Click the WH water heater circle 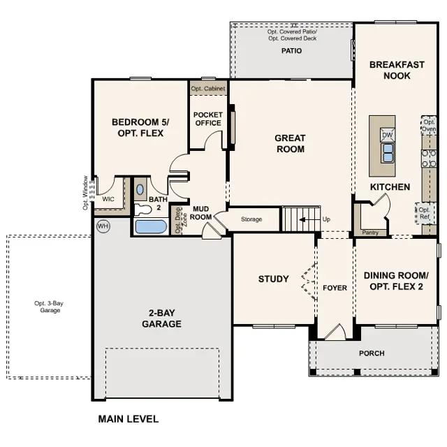point(103,226)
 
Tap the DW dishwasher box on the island point(388,135)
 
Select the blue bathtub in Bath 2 point(151,226)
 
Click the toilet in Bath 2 point(142,210)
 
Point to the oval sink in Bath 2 point(140,189)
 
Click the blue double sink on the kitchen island point(388,153)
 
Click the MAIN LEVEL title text point(129,419)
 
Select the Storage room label point(251,219)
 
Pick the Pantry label point(370,233)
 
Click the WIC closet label point(108,199)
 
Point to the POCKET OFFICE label point(208,119)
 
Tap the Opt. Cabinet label point(208,89)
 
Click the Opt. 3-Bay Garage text point(49,307)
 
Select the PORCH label point(372,353)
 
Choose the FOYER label point(335,288)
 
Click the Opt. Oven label point(429,126)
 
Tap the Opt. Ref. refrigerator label point(424,213)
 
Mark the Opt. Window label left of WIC point(85,193)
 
